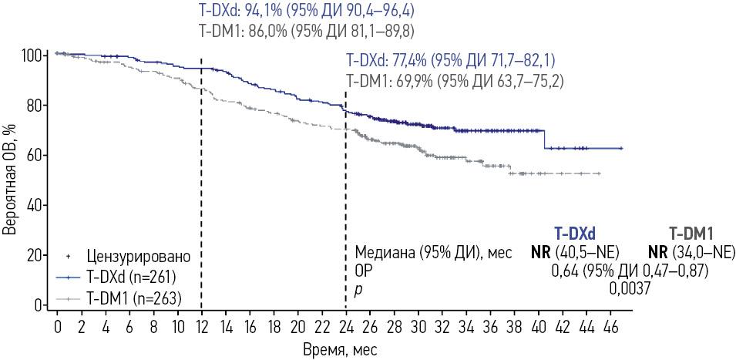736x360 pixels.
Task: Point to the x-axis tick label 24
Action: click(x=347, y=326)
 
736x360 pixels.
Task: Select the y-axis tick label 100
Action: click(x=34, y=56)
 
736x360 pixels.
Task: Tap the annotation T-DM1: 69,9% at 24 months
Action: click(x=454, y=79)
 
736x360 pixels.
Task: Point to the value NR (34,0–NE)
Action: click(x=692, y=252)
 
